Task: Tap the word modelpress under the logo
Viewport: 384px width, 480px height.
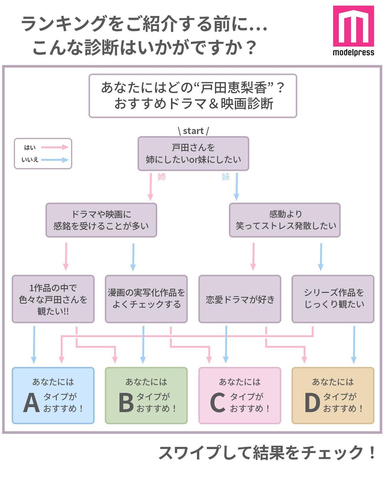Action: pyautogui.click(x=353, y=53)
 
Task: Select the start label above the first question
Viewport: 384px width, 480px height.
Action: pyautogui.click(x=193, y=131)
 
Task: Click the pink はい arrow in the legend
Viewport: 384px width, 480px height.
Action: pyautogui.click(x=54, y=147)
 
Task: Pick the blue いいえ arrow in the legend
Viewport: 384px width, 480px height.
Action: pyautogui.click(x=54, y=160)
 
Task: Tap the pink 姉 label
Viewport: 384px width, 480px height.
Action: pyautogui.click(x=162, y=177)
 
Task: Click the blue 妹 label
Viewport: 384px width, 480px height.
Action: pyautogui.click(x=226, y=177)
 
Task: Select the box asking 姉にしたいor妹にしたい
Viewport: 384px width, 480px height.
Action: pyautogui.click(x=193, y=154)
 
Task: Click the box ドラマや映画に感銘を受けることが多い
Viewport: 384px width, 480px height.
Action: pyautogui.click(x=101, y=220)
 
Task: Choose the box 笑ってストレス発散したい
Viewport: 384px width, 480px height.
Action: pyautogui.click(x=285, y=220)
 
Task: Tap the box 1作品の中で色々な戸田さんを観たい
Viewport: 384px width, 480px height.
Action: pyautogui.click(x=53, y=299)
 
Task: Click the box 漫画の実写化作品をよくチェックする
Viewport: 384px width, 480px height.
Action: pyautogui.click(x=146, y=299)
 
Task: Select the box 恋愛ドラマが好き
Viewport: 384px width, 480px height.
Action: pyautogui.click(x=240, y=299)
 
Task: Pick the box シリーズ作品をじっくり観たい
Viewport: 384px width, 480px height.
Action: pyautogui.click(x=333, y=299)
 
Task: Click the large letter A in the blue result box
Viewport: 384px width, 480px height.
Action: pyautogui.click(x=31, y=403)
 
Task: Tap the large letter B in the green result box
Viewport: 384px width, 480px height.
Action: pyautogui.click(x=126, y=403)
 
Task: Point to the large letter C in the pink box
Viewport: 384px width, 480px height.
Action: pyautogui.click(x=218, y=403)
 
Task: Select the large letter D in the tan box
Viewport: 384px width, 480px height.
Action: pyautogui.click(x=312, y=403)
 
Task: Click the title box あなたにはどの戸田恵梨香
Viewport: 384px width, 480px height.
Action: pyautogui.click(x=193, y=96)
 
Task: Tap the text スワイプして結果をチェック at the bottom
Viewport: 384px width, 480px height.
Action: pyautogui.click(x=267, y=453)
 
